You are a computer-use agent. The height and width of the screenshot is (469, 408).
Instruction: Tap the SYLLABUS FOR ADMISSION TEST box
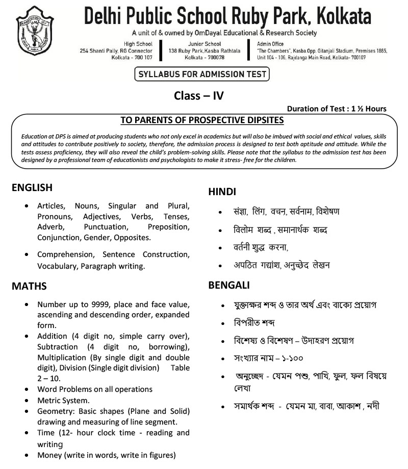201,75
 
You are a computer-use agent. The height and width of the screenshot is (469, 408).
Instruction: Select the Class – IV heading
199,95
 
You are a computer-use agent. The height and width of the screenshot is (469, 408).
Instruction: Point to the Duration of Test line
337,108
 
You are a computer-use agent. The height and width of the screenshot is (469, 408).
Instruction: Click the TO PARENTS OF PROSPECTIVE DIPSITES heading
202,121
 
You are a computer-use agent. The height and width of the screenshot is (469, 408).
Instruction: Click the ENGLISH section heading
32,187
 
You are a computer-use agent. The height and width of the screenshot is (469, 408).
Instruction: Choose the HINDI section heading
222,192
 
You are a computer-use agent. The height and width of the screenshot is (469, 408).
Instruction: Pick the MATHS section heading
29,286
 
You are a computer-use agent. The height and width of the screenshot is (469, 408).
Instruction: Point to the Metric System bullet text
63,401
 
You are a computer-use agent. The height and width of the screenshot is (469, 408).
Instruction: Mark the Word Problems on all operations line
95,389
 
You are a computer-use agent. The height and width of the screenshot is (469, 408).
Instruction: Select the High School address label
138,44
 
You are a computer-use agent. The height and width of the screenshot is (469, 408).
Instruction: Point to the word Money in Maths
49,455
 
